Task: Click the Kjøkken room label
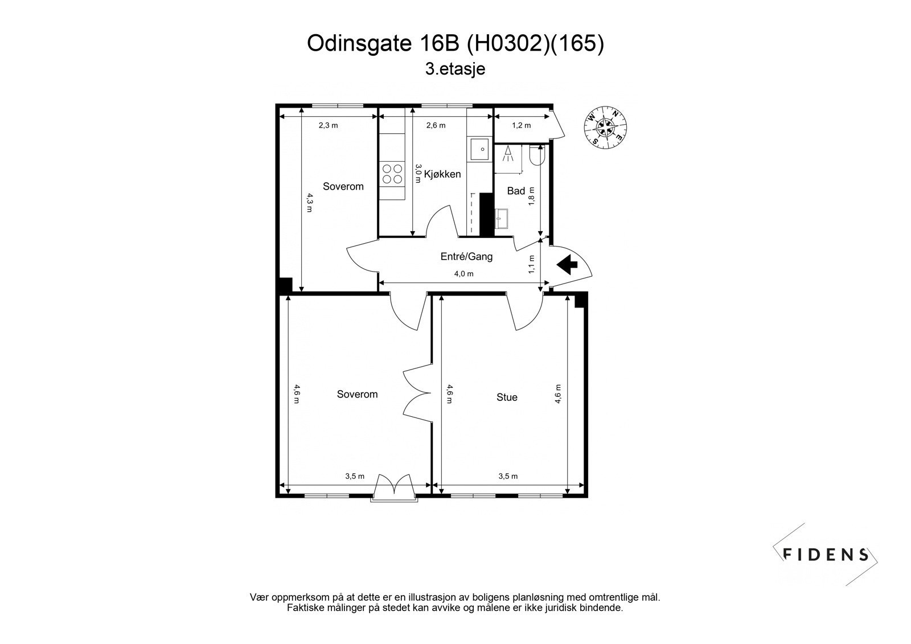(442, 174)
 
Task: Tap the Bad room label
(516, 191)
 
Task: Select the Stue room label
(507, 397)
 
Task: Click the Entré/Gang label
(466, 257)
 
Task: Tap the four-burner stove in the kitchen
(391, 174)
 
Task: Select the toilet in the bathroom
(537, 154)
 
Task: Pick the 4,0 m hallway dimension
(463, 274)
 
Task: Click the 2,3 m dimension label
(328, 125)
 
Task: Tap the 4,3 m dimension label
(309, 202)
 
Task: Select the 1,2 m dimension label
(521, 125)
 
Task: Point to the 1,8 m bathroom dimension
(532, 196)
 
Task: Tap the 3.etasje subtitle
(455, 69)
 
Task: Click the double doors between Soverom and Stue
(416, 393)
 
